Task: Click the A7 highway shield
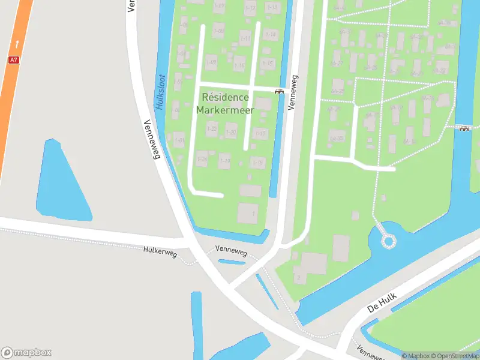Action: [x=13, y=60]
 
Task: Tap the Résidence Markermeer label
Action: [x=226, y=103]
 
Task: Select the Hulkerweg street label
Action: [x=160, y=253]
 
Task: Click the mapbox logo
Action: [x=26, y=353]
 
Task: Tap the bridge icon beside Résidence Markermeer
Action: [x=279, y=91]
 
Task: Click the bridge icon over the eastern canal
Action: [x=463, y=128]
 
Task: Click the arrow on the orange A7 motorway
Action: [x=17, y=44]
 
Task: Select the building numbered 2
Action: [x=299, y=278]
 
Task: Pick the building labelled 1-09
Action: [x=211, y=61]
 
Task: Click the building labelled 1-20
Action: [x=231, y=132]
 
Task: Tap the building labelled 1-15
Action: [x=268, y=63]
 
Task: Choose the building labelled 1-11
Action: [x=245, y=38]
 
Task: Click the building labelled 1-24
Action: [x=202, y=159]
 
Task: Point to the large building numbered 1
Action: [x=248, y=213]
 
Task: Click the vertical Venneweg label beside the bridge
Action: [x=293, y=92]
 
